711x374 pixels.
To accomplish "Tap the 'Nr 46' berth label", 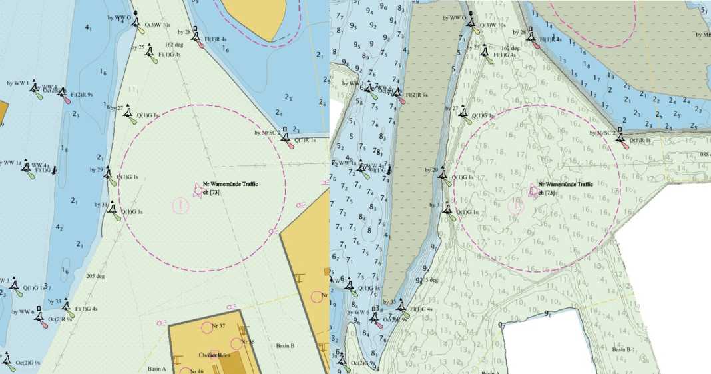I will click(196, 371).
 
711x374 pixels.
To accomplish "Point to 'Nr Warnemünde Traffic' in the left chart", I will click(230, 184).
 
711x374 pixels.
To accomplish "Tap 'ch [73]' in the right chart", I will click(546, 192).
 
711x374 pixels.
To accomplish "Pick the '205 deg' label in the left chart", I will click(95, 276).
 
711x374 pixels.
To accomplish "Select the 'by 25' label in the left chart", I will click(138, 47).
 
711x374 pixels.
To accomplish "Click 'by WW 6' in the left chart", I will click(23, 311).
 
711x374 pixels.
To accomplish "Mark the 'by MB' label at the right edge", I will click(702, 35).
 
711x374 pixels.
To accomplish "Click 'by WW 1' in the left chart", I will click(18, 83).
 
